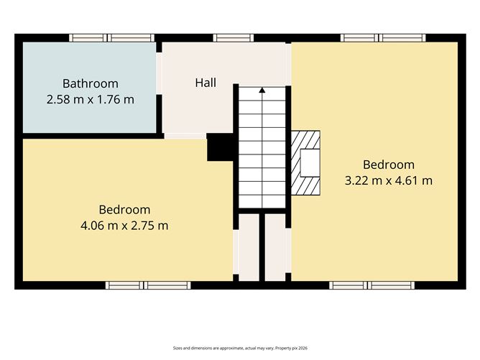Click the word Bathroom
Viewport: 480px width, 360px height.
(91, 83)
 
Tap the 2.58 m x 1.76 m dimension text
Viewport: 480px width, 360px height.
(91, 99)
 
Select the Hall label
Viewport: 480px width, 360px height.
(206, 83)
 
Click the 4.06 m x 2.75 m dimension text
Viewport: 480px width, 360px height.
(124, 226)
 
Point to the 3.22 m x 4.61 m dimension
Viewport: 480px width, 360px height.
(389, 180)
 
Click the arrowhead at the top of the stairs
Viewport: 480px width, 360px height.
(262, 90)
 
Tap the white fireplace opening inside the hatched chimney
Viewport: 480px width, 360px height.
(310, 163)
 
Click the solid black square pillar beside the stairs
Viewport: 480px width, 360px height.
(220, 147)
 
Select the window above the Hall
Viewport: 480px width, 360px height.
(234, 38)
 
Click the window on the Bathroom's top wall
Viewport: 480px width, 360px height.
(111, 38)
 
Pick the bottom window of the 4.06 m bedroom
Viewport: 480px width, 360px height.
(148, 285)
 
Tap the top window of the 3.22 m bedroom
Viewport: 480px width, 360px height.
(383, 38)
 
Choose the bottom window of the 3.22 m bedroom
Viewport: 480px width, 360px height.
(372, 285)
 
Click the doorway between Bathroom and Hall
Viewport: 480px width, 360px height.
(159, 73)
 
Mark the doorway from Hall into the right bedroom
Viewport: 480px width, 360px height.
(288, 64)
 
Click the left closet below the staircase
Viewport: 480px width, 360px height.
(249, 247)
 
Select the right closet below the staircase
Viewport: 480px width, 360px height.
(275, 247)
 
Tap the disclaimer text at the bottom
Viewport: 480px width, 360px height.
(240, 348)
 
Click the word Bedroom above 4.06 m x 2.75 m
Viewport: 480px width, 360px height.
(124, 210)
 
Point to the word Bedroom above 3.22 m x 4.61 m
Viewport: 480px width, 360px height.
(389, 165)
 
